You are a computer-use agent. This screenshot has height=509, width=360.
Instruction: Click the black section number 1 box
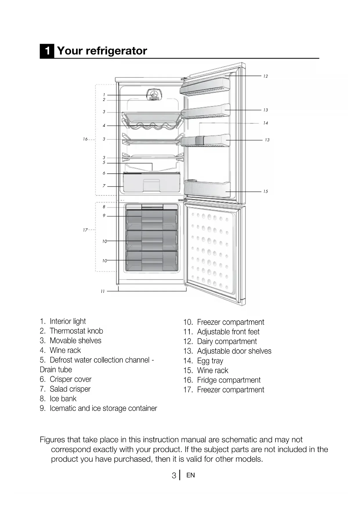[47, 51]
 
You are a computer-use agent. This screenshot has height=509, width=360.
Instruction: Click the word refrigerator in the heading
[116, 51]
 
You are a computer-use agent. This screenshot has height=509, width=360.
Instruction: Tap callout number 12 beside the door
[265, 76]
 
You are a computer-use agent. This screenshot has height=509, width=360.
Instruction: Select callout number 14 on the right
[265, 123]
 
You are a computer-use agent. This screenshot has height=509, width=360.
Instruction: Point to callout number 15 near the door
[265, 192]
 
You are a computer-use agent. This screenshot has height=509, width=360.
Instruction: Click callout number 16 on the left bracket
[85, 139]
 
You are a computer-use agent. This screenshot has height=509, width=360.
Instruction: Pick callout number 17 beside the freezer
[85, 230]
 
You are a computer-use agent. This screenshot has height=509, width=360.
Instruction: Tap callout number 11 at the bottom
[102, 291]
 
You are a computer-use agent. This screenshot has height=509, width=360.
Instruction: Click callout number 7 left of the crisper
[104, 186]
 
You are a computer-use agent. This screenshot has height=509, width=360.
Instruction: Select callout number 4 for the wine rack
[104, 126]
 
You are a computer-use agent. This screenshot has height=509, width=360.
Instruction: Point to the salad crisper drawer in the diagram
[151, 184]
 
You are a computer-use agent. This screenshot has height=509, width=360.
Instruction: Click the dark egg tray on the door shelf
[199, 140]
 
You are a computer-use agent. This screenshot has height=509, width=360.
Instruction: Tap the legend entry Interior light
[68, 321]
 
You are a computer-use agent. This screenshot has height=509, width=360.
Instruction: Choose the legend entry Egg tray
[210, 361]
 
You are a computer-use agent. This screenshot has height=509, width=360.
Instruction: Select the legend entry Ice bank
[63, 398]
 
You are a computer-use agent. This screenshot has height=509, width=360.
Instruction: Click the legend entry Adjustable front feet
[228, 332]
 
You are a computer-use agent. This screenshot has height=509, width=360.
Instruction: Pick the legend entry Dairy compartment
[227, 341]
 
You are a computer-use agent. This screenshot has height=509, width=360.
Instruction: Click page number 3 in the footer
[174, 475]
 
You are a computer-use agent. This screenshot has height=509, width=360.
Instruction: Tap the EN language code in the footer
[191, 475]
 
